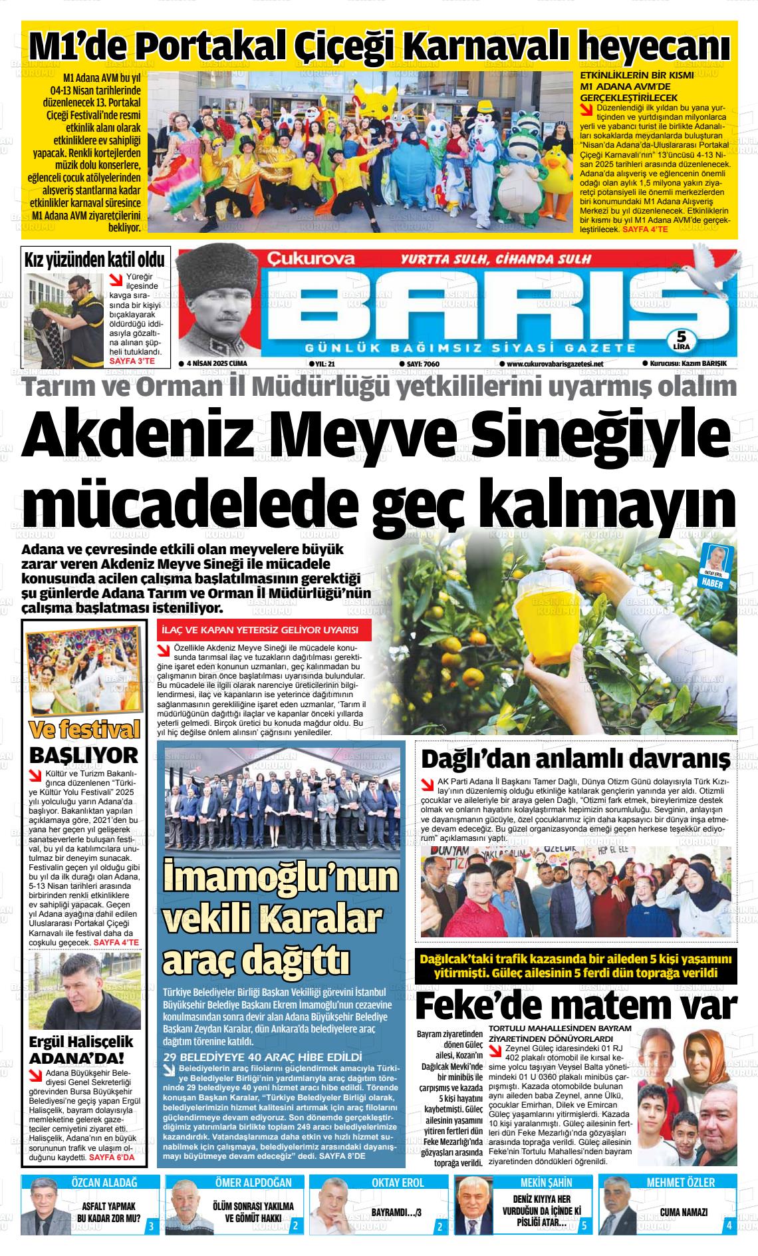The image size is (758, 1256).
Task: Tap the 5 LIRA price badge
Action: point(681,339)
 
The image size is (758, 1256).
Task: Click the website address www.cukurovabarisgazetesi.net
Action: point(555,364)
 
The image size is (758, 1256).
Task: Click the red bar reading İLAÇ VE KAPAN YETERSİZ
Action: point(264,630)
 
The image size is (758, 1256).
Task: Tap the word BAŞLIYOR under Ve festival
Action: point(84,755)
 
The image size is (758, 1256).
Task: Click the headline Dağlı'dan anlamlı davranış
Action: point(576,758)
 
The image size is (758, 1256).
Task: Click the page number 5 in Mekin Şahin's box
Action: point(583,1225)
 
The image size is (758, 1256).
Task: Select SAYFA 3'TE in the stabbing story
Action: point(132,362)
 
